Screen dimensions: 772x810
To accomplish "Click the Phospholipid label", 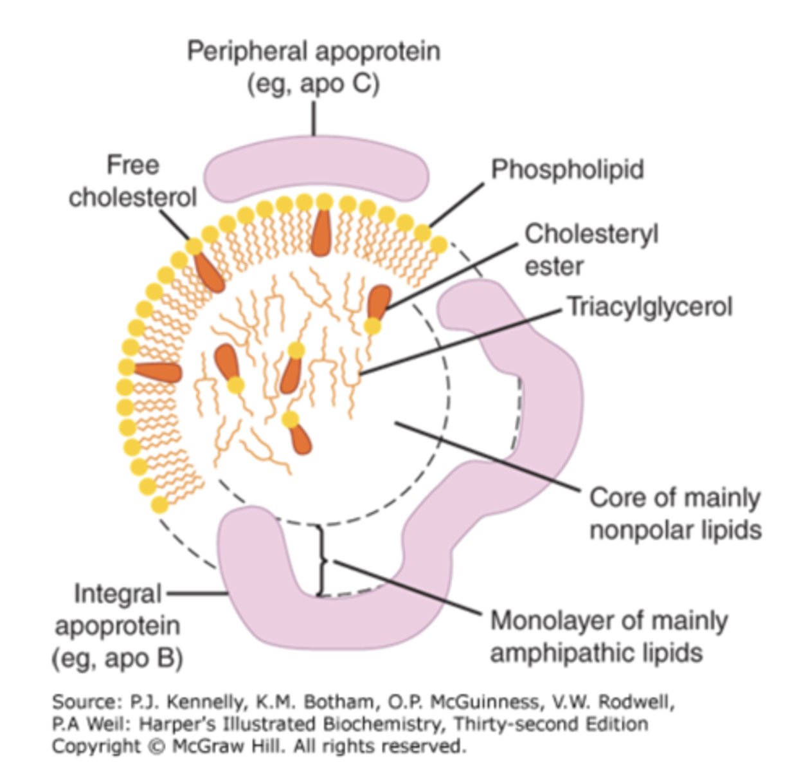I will (x=567, y=170).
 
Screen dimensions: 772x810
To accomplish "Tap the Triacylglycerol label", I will (x=649, y=306).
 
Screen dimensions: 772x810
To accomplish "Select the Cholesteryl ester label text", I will (x=591, y=250).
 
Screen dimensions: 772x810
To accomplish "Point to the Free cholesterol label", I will (x=132, y=181).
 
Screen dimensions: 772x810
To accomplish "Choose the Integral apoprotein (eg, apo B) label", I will (x=117, y=625).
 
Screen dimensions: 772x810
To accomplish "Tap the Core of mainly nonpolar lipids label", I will (x=675, y=514).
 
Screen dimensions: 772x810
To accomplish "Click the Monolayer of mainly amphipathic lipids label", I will (x=609, y=637).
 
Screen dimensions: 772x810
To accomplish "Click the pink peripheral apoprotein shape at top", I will (x=316, y=171).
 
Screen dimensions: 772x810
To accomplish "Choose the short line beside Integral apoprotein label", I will (x=195, y=593).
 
